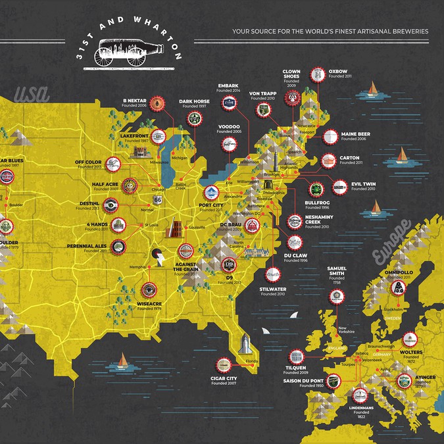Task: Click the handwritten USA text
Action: coord(32,93)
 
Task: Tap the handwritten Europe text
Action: coord(390,241)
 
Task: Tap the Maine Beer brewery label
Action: coord(355,136)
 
